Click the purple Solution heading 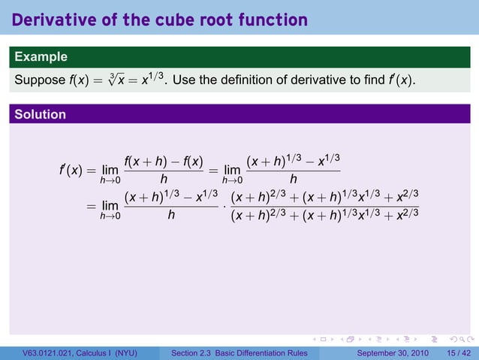pos(40,114)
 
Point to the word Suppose pos(38,79)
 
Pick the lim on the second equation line pos(111,206)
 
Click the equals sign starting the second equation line pos(90,205)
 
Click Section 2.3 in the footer pos(194,352)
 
